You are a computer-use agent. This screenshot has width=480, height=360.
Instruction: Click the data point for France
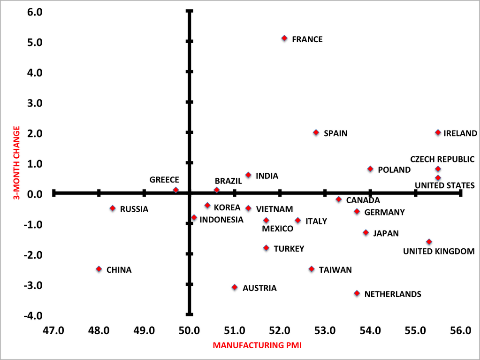coord(284,38)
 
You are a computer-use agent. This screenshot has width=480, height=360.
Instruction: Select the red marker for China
coord(99,269)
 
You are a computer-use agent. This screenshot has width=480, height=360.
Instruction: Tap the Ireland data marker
coord(438,132)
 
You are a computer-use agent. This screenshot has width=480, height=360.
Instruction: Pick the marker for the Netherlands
coord(357,293)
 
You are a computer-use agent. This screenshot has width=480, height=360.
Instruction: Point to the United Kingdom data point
coord(429,242)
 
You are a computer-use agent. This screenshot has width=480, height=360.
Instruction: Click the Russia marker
coord(113,208)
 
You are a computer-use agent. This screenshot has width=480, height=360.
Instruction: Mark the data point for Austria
coord(235,287)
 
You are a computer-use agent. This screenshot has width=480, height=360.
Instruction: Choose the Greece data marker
coord(176,190)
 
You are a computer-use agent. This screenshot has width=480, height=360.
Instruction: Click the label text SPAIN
coord(335,133)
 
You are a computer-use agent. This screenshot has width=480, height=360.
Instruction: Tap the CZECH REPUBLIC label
coord(442,159)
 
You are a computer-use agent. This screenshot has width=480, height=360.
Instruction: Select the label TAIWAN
coord(335,270)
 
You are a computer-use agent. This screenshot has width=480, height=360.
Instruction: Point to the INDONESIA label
coord(221,220)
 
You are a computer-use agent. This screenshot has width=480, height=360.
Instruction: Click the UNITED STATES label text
coord(444,185)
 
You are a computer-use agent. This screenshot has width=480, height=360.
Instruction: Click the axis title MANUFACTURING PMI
coord(257,345)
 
